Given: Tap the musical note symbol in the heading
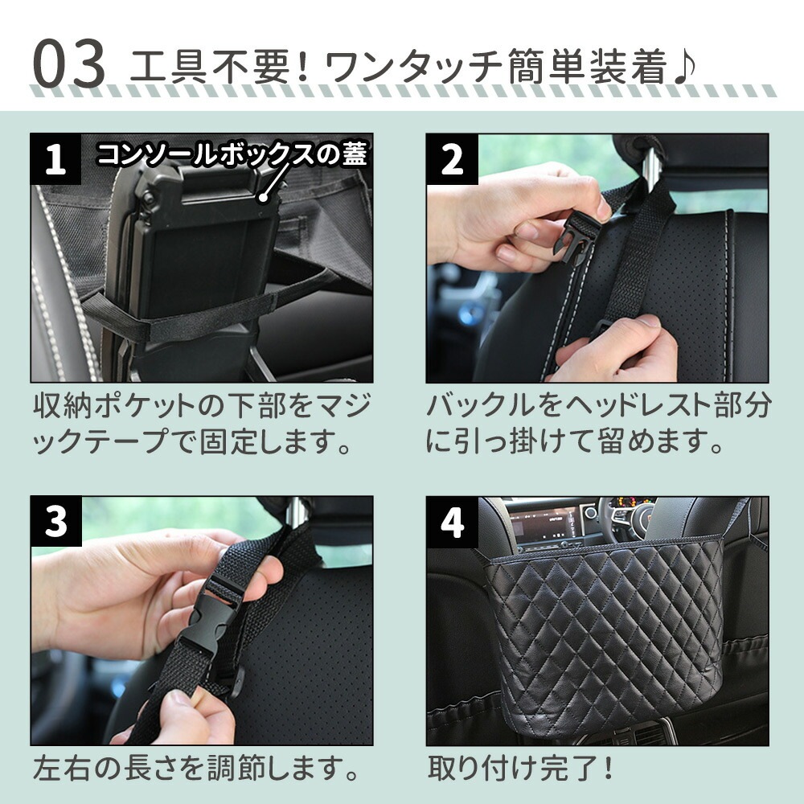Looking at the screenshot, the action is pos(684,66).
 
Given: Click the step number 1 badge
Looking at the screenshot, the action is pos(55,158).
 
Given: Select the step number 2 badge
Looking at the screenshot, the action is pos(452,159).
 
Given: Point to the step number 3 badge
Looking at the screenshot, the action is pos(56,521).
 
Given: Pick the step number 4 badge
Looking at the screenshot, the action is pos(452,522).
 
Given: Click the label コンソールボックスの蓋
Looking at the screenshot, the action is pos(232,154).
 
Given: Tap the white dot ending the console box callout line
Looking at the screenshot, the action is pos(264,198).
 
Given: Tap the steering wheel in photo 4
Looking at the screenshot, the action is pos(641,518).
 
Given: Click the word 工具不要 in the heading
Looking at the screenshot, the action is pos(209,66).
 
